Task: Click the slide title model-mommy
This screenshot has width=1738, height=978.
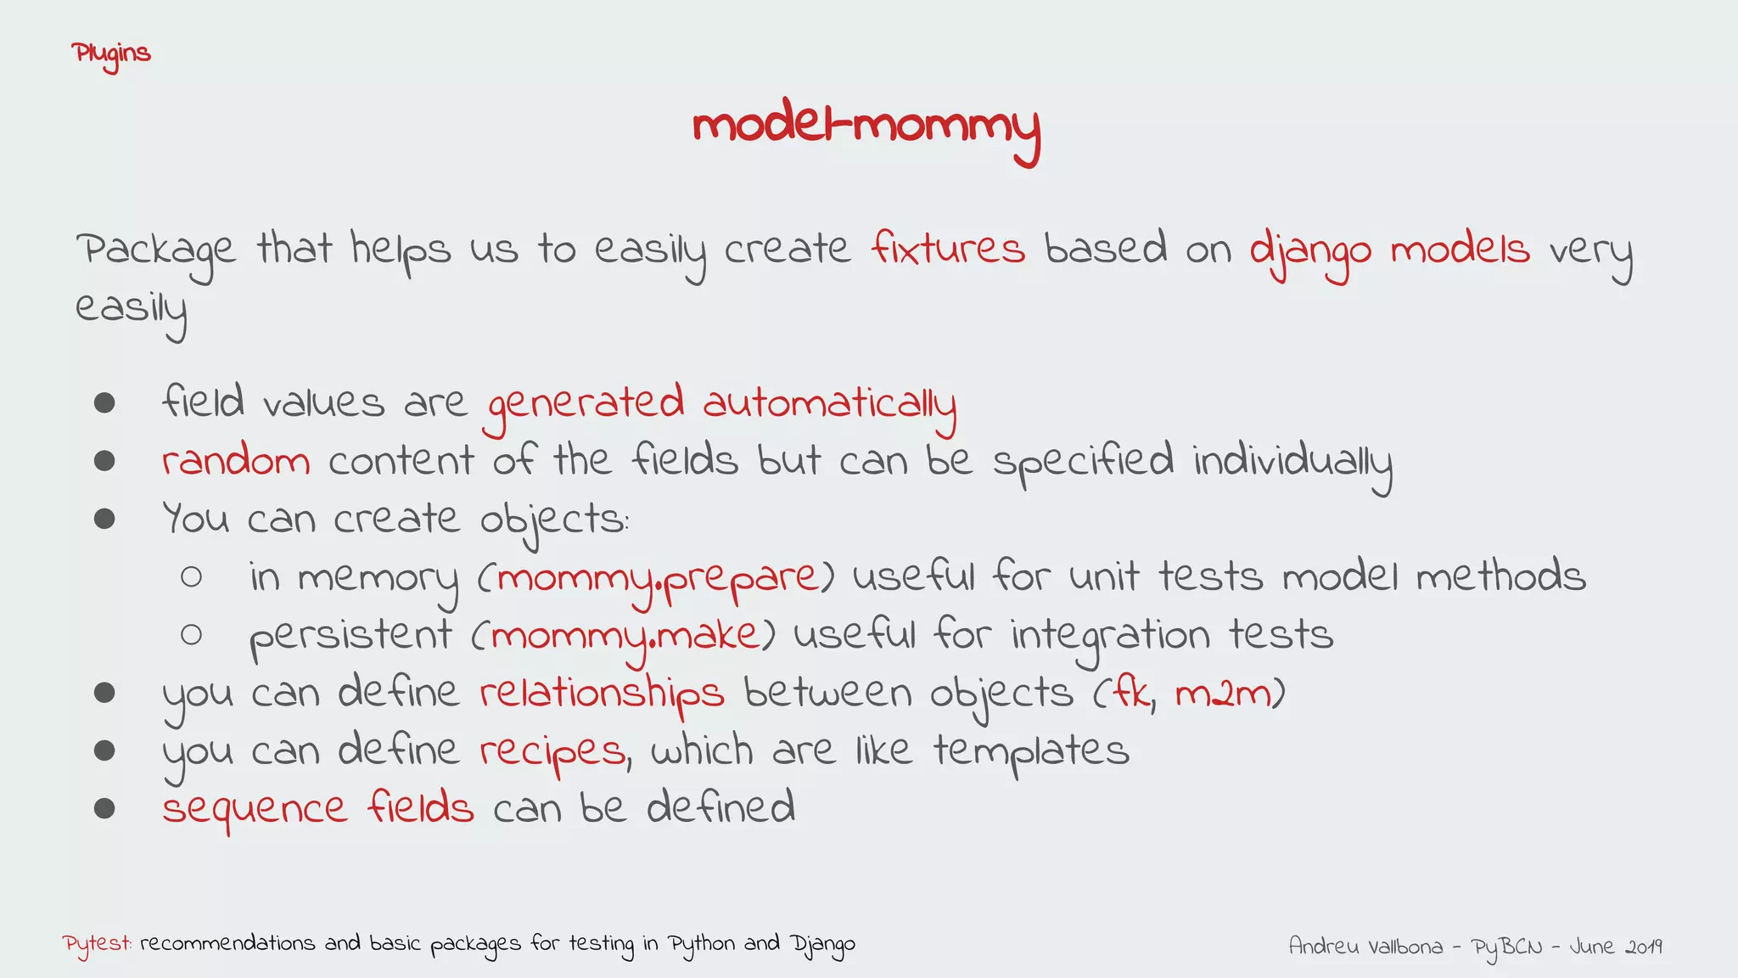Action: pos(866,127)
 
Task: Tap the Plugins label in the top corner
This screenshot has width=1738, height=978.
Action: pos(111,54)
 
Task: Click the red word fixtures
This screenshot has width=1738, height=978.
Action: pos(948,249)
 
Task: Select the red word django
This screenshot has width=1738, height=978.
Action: pos(1310,251)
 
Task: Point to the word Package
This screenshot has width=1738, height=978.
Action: pos(155,251)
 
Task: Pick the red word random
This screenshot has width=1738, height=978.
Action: pos(236,462)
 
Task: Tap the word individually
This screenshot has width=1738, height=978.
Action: pos(1292,462)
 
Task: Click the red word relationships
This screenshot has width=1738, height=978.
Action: pos(602,693)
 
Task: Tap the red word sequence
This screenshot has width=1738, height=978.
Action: pos(255,809)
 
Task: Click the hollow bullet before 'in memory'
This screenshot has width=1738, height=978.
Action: pos(191,577)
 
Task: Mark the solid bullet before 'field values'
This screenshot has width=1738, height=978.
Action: pos(104,402)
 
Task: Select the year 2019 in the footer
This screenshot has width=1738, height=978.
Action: pos(1643,946)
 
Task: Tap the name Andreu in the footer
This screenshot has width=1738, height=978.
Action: pos(1322,946)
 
